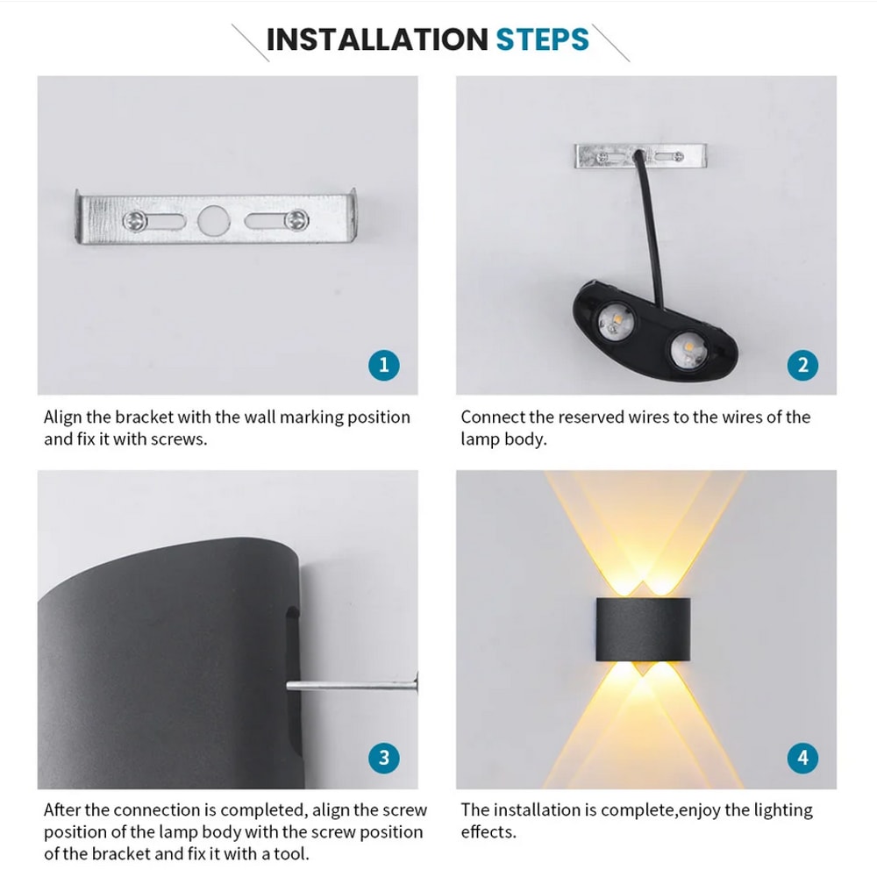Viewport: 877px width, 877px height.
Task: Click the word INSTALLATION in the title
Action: (376, 40)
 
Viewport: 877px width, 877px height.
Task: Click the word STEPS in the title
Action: (542, 40)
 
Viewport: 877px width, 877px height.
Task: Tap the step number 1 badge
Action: (383, 365)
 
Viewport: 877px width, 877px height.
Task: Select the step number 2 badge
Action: (802, 365)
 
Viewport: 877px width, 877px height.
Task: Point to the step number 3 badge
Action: (383, 758)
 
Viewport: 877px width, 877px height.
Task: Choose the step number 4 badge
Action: (802, 758)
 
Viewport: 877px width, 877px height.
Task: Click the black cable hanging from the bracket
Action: (651, 219)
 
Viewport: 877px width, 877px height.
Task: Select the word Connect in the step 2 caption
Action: (493, 417)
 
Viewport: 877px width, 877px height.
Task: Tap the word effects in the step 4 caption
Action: (488, 832)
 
